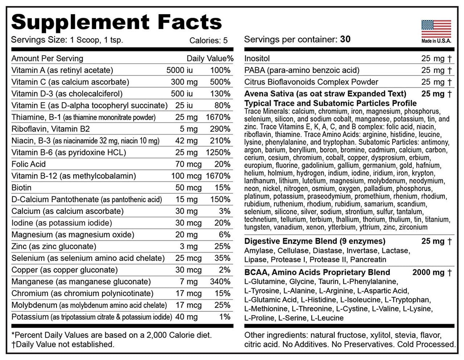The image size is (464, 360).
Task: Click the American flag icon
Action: point(436,29)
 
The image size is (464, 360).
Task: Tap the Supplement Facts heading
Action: point(116,22)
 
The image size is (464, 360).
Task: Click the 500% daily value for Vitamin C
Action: point(220,82)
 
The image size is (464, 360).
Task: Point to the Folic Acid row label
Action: point(29,164)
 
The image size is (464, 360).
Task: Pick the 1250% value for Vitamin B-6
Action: point(218,153)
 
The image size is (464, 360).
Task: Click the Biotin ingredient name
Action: point(21,188)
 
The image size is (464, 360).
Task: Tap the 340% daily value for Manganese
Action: point(220,282)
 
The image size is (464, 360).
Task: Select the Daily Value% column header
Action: point(210,58)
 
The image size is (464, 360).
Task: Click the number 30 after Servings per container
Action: point(345,39)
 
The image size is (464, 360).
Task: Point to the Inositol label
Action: point(257,58)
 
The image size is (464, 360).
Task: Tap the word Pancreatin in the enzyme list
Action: point(368,260)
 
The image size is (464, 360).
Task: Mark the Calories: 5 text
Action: point(208,41)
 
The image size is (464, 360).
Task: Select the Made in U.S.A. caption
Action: point(436,41)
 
